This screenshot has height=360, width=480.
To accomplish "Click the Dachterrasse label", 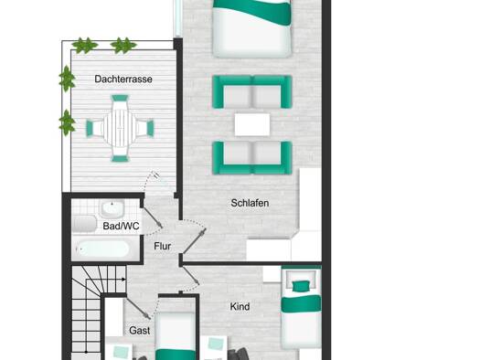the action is click(x=123, y=79).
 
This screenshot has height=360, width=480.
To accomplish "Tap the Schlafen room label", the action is click(x=250, y=203).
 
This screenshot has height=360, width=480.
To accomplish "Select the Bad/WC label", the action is click(x=121, y=226).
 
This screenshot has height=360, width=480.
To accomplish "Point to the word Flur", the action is click(x=162, y=246).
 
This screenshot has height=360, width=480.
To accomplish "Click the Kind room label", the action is click(x=240, y=306).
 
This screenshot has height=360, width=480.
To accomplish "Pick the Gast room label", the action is click(x=140, y=331).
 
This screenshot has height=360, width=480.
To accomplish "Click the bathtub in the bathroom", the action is click(x=102, y=249).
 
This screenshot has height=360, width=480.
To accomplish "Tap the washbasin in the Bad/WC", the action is click(x=112, y=208).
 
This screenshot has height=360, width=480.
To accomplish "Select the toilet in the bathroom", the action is click(x=85, y=223).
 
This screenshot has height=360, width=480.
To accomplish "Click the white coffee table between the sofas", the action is click(x=252, y=124).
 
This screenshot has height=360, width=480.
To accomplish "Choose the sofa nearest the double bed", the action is click(x=252, y=91).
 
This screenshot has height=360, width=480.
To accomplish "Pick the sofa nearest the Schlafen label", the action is click(x=252, y=158).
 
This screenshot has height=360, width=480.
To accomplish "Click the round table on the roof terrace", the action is click(x=120, y=128).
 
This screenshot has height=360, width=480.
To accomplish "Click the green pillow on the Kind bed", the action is click(x=302, y=287).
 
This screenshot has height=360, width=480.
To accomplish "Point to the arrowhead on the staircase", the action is click(x=123, y=280).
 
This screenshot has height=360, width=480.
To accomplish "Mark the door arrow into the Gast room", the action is click(x=138, y=308).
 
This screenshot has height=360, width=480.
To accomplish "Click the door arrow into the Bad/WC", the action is click(x=153, y=217).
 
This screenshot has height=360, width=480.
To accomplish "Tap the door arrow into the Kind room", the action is click(x=190, y=275).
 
